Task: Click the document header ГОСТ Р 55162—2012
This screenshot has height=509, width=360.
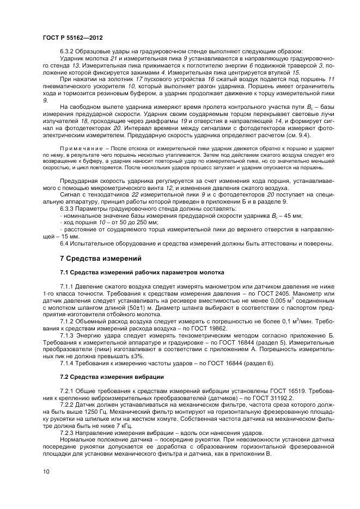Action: coord(72,38)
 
